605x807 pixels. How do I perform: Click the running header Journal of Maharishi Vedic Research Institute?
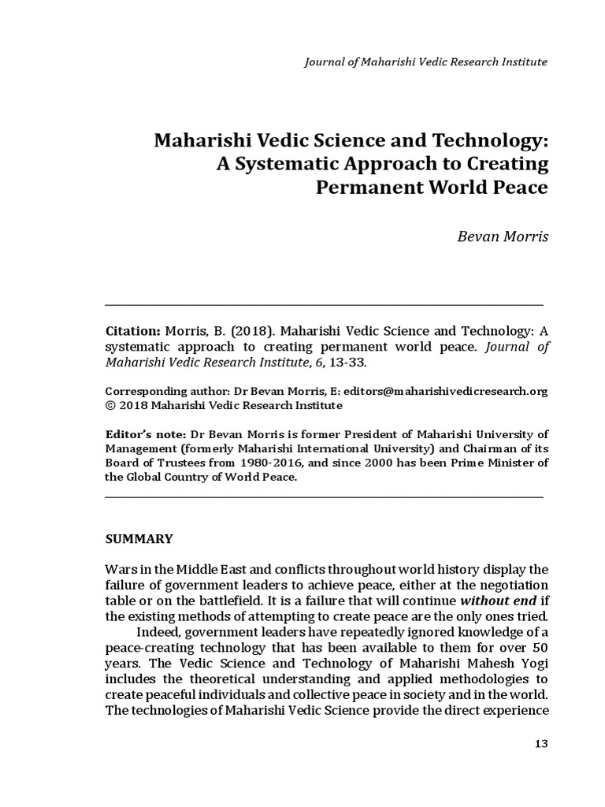pos(425,61)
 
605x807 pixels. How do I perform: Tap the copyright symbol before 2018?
pos(109,405)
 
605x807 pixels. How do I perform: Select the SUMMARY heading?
pos(139,540)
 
